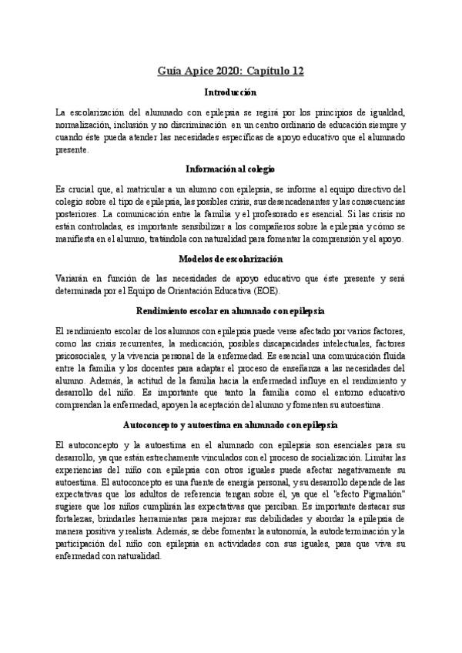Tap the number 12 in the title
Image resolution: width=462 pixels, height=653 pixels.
(296, 72)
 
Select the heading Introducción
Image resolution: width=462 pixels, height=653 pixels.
(230, 92)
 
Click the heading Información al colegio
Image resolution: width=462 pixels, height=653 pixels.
(230, 168)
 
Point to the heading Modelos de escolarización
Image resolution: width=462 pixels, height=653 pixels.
(230, 258)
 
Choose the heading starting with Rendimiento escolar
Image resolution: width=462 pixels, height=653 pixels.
(230, 310)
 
